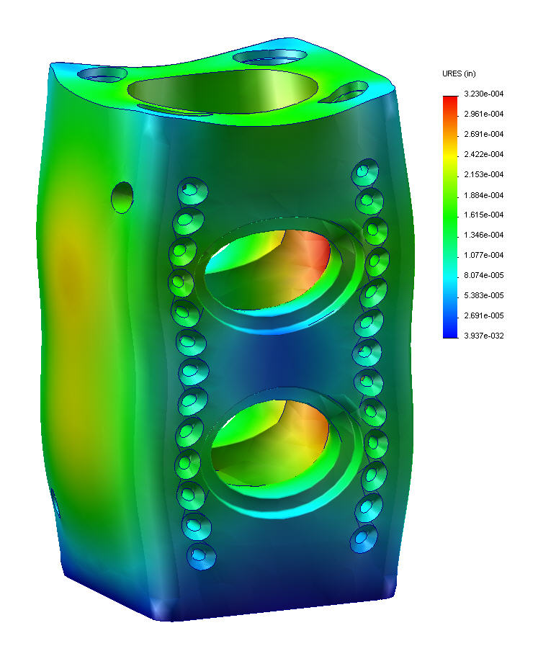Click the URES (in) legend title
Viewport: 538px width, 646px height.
click(459, 73)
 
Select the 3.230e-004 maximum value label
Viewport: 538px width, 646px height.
click(483, 94)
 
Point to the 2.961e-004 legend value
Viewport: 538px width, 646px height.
click(483, 114)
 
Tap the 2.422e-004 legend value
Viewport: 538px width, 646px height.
click(483, 155)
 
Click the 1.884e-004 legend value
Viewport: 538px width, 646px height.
click(483, 195)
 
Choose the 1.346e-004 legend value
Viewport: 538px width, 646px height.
click(483, 235)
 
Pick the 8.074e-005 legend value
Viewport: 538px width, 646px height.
click(483, 275)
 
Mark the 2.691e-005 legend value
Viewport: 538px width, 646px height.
click(483, 315)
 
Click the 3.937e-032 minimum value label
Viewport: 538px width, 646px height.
click(483, 336)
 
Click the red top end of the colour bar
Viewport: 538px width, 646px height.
click(450, 99)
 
